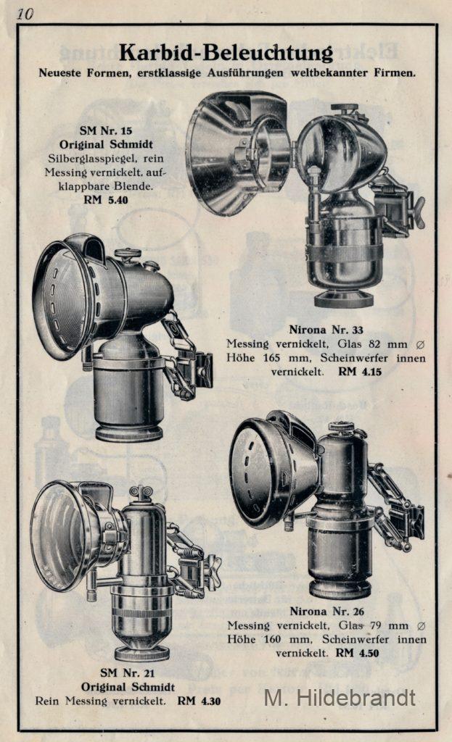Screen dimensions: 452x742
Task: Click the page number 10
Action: [25, 14]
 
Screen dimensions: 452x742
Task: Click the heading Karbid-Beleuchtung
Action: [226, 52]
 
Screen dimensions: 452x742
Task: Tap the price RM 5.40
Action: [106, 200]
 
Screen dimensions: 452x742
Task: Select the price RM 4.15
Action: [360, 372]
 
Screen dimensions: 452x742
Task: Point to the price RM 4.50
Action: [357, 653]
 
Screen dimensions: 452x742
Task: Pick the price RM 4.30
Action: [199, 701]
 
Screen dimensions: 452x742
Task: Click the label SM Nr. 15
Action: [106, 130]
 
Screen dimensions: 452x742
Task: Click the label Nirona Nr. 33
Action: [326, 330]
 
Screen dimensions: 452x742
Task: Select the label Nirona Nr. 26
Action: [327, 611]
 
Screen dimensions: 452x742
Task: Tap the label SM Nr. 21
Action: [128, 672]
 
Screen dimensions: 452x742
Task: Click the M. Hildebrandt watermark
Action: [340, 698]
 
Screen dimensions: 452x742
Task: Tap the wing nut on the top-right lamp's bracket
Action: [419, 213]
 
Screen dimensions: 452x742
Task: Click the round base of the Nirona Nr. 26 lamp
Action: [340, 588]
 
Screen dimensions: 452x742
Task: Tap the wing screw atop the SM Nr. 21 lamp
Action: [141, 493]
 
